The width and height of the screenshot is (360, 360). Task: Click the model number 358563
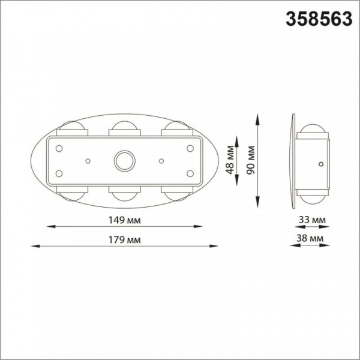[x=319, y=19]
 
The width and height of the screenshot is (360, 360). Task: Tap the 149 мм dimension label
[x=124, y=220]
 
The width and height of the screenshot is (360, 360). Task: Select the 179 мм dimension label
[x=124, y=240]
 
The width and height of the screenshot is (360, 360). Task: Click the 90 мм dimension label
[x=250, y=160]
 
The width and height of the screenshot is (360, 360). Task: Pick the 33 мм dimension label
[x=312, y=220]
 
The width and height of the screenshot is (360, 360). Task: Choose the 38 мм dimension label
[x=310, y=238]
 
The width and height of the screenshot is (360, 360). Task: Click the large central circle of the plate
[x=125, y=161]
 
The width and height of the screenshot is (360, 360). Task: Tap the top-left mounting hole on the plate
[x=59, y=149]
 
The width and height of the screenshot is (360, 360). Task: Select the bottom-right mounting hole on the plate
[x=190, y=173]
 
